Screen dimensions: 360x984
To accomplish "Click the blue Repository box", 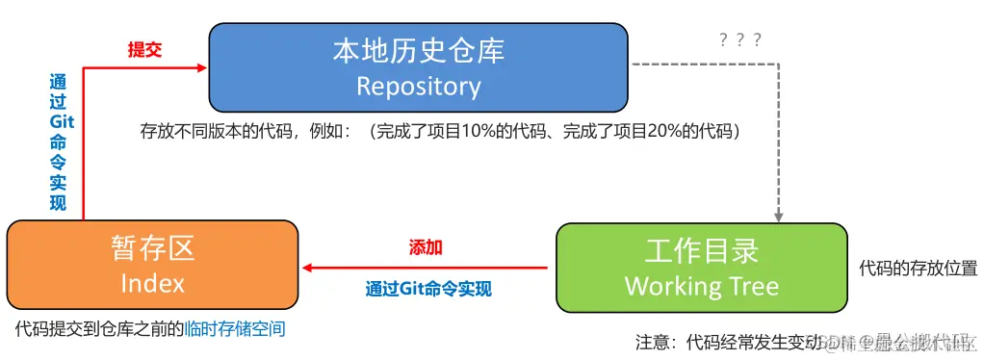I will pyautogui.click(x=418, y=66).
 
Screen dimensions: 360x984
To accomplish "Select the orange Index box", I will pyautogui.click(x=152, y=266).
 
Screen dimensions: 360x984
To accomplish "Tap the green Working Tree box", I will pyautogui.click(x=702, y=268).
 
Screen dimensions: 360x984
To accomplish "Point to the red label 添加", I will pyautogui.click(x=426, y=247).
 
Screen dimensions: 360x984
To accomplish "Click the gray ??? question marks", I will pyautogui.click(x=740, y=39).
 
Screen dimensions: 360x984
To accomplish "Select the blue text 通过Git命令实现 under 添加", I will pyautogui.click(x=428, y=288).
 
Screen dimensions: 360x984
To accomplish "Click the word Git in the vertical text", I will pyautogui.click(x=62, y=123).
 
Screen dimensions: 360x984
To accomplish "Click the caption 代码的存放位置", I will pyautogui.click(x=918, y=269).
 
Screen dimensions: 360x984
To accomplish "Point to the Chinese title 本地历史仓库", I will pyautogui.click(x=418, y=50).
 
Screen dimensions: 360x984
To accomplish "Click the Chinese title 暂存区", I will pyautogui.click(x=152, y=249).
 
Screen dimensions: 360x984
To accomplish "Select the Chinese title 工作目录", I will pyautogui.click(x=702, y=251).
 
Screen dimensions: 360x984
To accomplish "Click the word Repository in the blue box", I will pyautogui.click(x=418, y=87).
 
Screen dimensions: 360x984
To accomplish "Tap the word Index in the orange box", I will pyautogui.click(x=152, y=283).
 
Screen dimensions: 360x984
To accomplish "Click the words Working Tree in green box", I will pyautogui.click(x=702, y=286).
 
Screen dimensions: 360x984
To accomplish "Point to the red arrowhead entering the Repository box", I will pyautogui.click(x=202, y=67).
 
